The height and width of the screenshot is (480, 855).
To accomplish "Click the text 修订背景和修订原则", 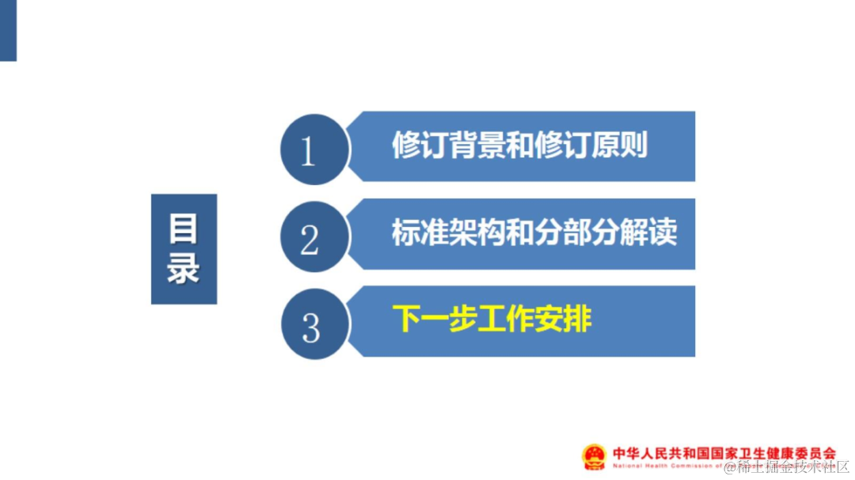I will pos(519,146).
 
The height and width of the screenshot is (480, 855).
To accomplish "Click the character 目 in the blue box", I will pos(184,229).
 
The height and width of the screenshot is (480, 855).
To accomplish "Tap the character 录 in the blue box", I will pos(184,269).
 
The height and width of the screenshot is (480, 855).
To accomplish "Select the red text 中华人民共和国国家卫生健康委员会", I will pos(724,454).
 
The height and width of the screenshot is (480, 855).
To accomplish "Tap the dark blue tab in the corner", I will pos(8,30).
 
